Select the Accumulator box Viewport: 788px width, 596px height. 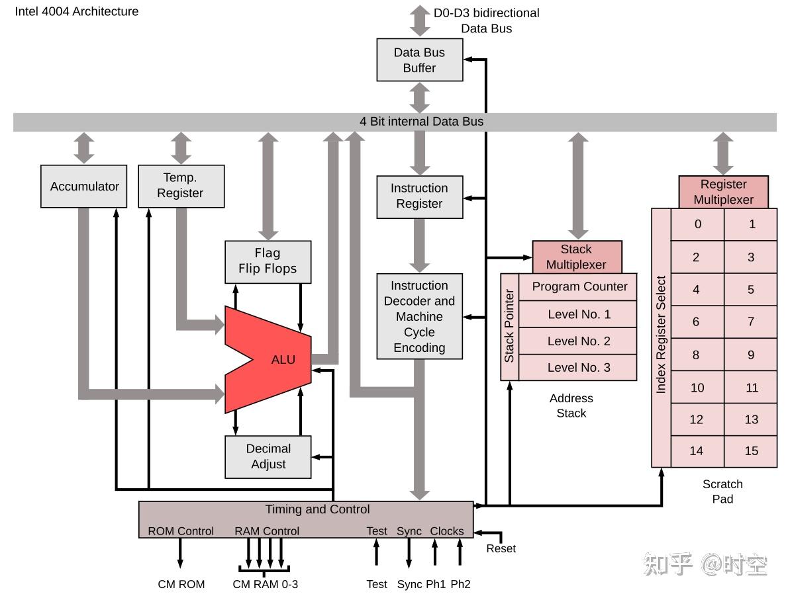84,187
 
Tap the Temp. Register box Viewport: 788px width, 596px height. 181,186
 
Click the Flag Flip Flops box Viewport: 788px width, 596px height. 268,261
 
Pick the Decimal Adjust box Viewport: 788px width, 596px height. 268,456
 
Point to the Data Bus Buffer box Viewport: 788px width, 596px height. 419,60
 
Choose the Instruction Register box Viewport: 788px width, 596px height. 419,196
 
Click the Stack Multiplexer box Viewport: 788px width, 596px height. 577,257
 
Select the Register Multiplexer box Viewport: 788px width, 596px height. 723,192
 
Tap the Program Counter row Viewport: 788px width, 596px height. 579,286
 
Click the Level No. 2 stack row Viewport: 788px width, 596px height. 579,341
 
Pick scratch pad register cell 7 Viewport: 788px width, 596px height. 750,321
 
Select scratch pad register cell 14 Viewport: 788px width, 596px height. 697,451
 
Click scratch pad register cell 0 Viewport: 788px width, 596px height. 697,224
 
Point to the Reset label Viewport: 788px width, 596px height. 501,548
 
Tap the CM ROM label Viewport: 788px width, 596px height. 181,584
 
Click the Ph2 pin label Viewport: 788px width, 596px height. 460,584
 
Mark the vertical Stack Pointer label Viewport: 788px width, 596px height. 509,326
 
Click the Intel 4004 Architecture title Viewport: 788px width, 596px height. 77,11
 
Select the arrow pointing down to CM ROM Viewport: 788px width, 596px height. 180,553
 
